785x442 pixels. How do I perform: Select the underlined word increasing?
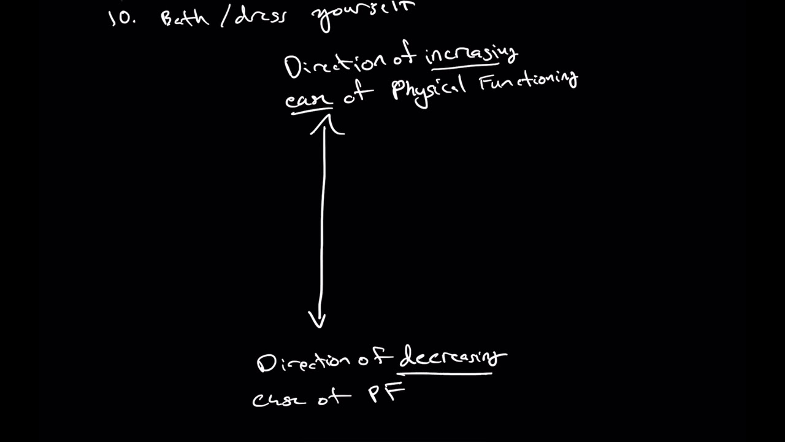[x=471, y=55]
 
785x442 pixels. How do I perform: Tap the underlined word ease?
[x=308, y=99]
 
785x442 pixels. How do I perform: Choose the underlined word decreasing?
[x=453, y=357]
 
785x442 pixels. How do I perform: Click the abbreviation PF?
[x=387, y=393]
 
